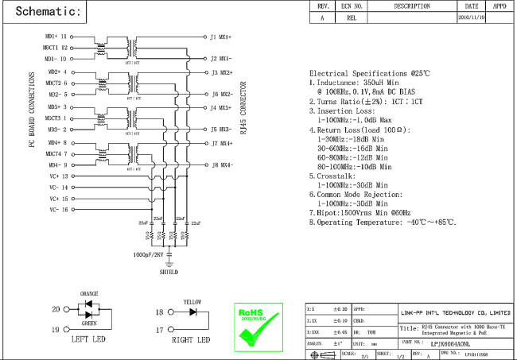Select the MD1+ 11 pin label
coord(56,37)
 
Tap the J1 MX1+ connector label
coord(220,37)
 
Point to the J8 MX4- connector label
coord(221,165)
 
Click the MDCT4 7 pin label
coord(56,153)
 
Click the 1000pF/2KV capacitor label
coord(148,255)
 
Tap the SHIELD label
coord(169,271)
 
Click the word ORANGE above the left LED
coord(88,294)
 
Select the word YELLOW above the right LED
coord(193,302)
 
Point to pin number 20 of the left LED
coord(56,309)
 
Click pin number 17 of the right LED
coord(159,329)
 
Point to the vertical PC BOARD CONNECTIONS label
coord(33,111)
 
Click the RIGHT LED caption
coord(191,340)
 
